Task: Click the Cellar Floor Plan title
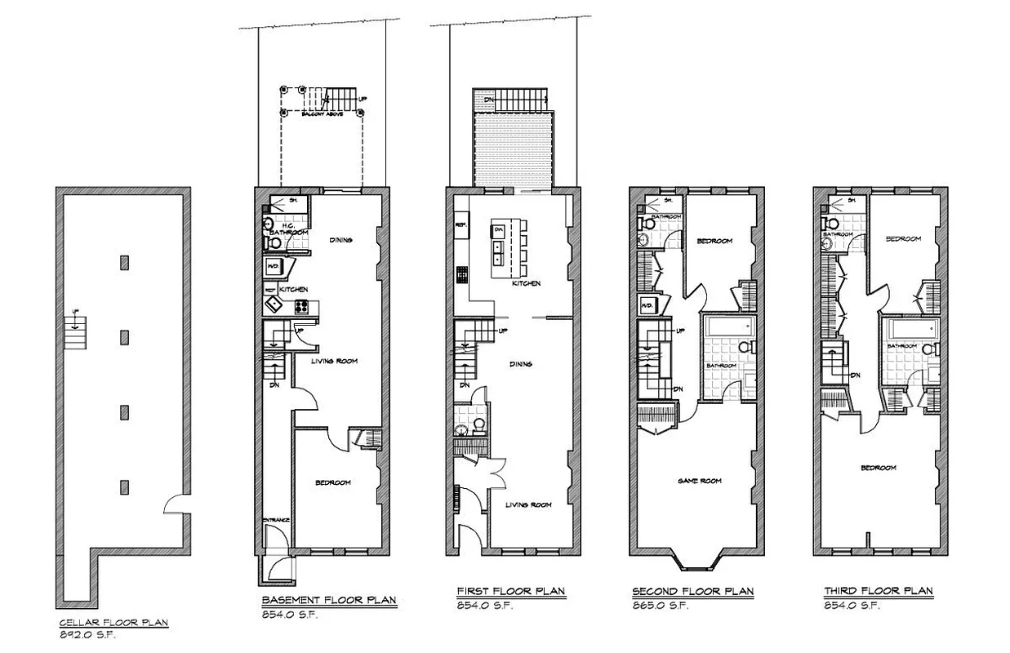(113, 623)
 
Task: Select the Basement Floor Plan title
(329, 600)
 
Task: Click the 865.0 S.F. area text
(661, 605)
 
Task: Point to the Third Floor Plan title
(879, 591)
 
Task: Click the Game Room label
(700, 481)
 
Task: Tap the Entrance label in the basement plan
(277, 521)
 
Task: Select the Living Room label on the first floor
(528, 504)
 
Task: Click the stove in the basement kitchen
(300, 308)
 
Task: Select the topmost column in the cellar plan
(124, 262)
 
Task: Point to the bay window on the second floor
(698, 562)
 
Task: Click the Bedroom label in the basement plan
(333, 482)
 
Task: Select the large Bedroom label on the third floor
(878, 468)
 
